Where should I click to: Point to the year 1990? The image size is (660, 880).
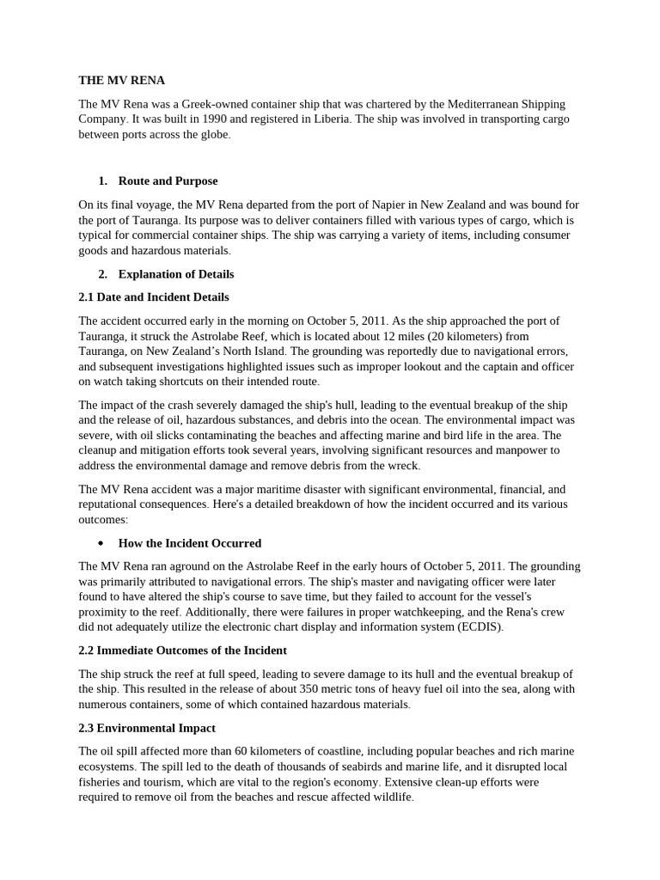coord(212,119)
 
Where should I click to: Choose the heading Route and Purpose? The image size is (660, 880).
coord(168,180)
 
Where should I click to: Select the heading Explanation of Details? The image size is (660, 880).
coord(176,274)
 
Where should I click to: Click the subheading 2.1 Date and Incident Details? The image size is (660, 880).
coord(154,297)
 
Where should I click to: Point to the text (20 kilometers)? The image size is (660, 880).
coord(453,336)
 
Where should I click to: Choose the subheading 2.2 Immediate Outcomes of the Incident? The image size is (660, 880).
coord(183,651)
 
